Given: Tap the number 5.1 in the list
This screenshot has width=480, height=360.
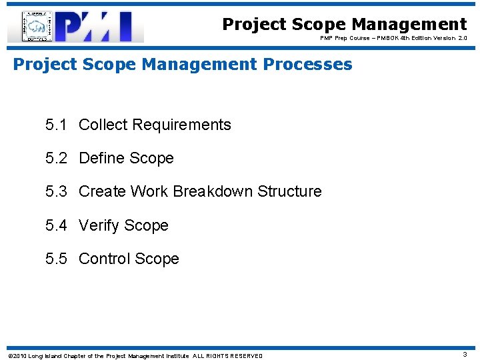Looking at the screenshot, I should tap(57, 125).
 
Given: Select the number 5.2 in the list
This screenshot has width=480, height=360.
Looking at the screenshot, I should tap(57, 158).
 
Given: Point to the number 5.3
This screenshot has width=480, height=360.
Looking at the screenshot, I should tap(57, 191).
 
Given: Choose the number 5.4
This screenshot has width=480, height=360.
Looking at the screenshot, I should tap(57, 225).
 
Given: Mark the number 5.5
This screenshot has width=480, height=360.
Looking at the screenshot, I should tap(57, 259).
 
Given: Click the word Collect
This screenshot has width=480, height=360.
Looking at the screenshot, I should tap(103, 125).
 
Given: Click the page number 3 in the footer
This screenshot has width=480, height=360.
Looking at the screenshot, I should tap(465, 355).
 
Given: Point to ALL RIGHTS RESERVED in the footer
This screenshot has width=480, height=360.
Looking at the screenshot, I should tap(227, 355).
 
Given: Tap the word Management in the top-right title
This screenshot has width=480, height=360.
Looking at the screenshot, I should tap(409, 24).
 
